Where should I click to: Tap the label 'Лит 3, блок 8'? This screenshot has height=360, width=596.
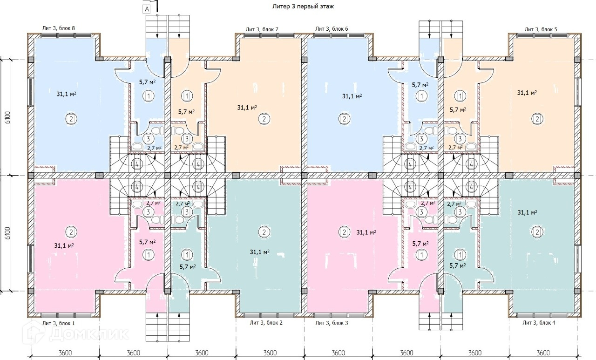point(59,28)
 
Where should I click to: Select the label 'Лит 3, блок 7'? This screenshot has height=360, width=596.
point(262,29)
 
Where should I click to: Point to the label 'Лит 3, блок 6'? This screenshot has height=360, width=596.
point(332,29)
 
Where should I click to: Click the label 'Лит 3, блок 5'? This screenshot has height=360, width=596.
point(541,29)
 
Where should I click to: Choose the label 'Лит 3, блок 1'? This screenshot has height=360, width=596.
point(58,323)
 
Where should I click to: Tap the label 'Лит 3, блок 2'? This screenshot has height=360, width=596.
point(266,322)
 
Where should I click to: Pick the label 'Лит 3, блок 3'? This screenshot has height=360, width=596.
point(332,322)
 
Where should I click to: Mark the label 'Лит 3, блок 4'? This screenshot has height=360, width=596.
point(539,322)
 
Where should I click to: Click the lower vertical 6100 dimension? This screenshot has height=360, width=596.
point(7,233)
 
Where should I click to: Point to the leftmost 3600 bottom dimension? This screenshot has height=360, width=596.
point(65,353)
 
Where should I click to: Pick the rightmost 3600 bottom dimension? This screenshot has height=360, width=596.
point(543,353)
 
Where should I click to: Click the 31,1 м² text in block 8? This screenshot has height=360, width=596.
point(66,94)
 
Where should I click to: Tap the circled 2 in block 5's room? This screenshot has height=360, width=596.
point(537,119)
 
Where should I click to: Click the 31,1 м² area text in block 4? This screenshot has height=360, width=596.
point(528,212)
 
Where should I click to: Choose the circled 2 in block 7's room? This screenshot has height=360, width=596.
point(264,119)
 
